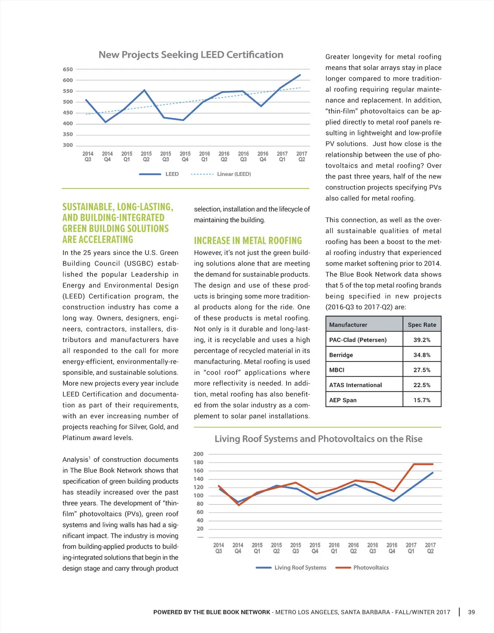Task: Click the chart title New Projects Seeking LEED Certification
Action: [191, 55]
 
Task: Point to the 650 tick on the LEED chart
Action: [68, 70]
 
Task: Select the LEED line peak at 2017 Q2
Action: [300, 75]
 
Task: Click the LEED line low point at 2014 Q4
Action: [106, 122]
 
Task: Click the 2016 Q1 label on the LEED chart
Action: [205, 157]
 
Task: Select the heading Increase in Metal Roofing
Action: [248, 241]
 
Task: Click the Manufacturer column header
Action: [348, 325]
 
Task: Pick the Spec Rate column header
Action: [422, 325]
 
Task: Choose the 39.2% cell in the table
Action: [422, 340]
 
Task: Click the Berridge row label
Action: [341, 355]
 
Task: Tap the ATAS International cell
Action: [356, 385]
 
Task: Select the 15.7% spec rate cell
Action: [422, 400]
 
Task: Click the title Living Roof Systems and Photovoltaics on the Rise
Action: [318, 439]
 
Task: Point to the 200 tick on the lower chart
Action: [198, 454]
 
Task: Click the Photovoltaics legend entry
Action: [370, 568]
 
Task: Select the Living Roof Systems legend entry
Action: [300, 568]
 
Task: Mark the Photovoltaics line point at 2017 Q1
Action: [414, 464]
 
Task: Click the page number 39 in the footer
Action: [471, 612]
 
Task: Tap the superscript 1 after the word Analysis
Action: [90, 457]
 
